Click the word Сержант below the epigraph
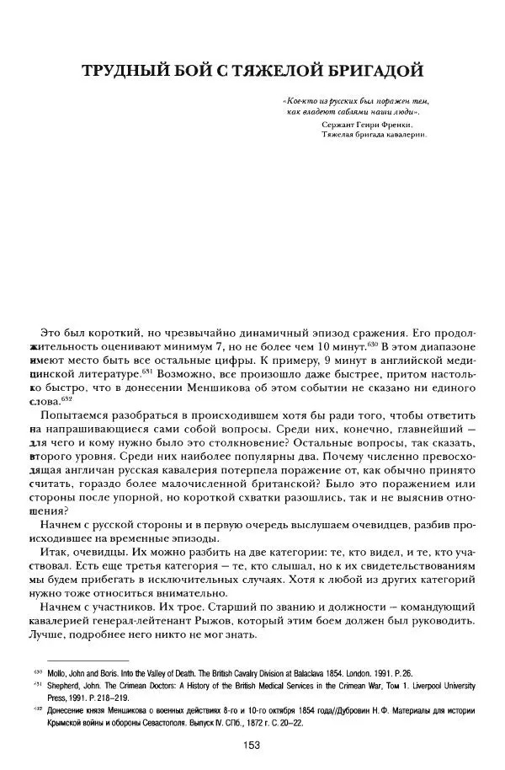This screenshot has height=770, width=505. (339, 123)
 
